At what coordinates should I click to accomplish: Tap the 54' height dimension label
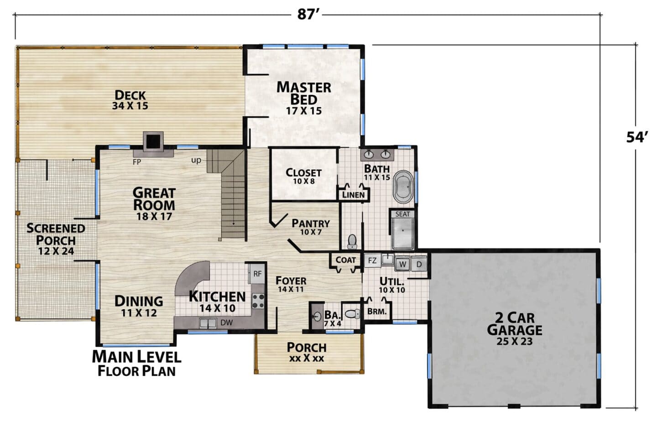click(x=636, y=137)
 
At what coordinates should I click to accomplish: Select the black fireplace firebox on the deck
click(x=153, y=141)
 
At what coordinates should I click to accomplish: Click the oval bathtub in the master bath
click(x=403, y=187)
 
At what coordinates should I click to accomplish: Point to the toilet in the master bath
click(x=352, y=242)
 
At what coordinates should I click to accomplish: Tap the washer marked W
click(x=403, y=264)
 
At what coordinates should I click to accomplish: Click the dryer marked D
click(x=419, y=264)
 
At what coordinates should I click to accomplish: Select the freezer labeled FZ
click(x=372, y=260)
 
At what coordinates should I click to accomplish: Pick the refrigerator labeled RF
click(x=257, y=274)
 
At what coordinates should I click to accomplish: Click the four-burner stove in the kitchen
click(x=258, y=301)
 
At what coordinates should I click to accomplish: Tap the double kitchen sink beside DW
click(x=208, y=323)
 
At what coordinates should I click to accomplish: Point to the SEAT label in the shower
click(x=402, y=214)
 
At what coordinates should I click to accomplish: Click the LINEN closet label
click(x=354, y=195)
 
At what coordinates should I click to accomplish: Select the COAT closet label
click(x=345, y=260)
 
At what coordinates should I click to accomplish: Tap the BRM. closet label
click(x=377, y=312)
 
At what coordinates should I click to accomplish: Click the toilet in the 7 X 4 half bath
click(x=353, y=314)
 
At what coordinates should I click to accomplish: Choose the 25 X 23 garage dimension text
click(x=515, y=342)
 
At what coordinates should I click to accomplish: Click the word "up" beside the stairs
click(x=196, y=161)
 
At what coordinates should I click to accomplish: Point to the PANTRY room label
click(x=311, y=223)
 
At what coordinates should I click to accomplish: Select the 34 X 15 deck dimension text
click(x=130, y=106)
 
